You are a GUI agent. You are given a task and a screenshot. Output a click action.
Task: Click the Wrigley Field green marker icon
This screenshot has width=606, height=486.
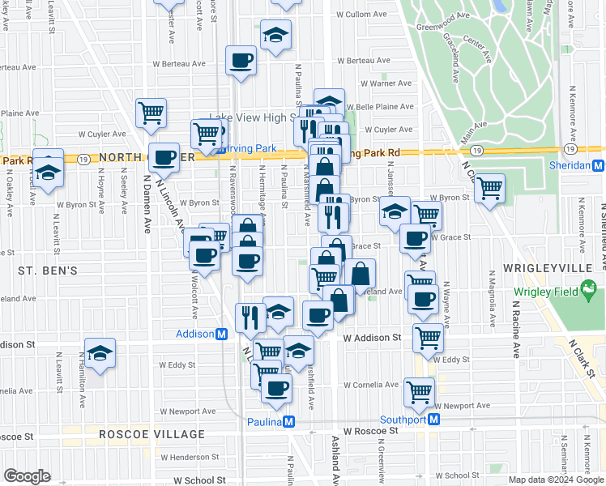click(x=590, y=288)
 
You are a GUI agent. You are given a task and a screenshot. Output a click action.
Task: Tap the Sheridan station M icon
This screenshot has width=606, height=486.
click(x=598, y=165)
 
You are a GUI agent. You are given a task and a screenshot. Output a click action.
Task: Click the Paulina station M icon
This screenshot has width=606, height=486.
click(x=288, y=422)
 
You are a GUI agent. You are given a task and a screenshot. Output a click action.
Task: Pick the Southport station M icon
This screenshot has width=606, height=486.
click(x=433, y=419)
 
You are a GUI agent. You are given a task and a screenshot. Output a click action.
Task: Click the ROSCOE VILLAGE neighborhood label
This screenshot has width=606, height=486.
click(x=151, y=434)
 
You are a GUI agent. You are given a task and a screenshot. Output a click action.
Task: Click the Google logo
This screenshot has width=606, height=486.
click(x=27, y=476)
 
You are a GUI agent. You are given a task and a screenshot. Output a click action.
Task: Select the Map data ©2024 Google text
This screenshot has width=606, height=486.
click(x=555, y=480)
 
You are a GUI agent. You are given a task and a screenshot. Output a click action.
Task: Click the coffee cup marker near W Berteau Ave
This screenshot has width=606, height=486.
click(x=241, y=60)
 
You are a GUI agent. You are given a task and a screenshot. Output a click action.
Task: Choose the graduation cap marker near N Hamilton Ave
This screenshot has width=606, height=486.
click(x=100, y=354)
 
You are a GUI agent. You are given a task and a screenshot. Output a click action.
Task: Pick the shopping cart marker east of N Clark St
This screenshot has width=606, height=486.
click(x=489, y=189)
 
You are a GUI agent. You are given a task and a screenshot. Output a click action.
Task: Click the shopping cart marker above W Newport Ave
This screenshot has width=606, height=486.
click(x=420, y=392)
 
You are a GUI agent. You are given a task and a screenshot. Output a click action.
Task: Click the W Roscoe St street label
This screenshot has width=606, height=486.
click(x=372, y=431)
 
